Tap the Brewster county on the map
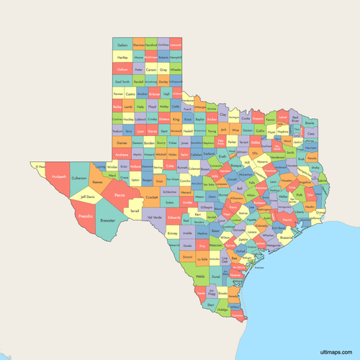pyautogui.click(x=107, y=221)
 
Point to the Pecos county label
pyautogui.click(x=120, y=194)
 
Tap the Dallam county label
pyautogui.click(x=122, y=44)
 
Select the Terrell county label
pyautogui.click(x=135, y=211)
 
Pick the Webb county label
pyautogui.click(x=200, y=275)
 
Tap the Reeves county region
pyautogui.click(x=97, y=182)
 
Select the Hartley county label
pyautogui.click(x=122, y=56)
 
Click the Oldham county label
pyautogui.click(x=122, y=69)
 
